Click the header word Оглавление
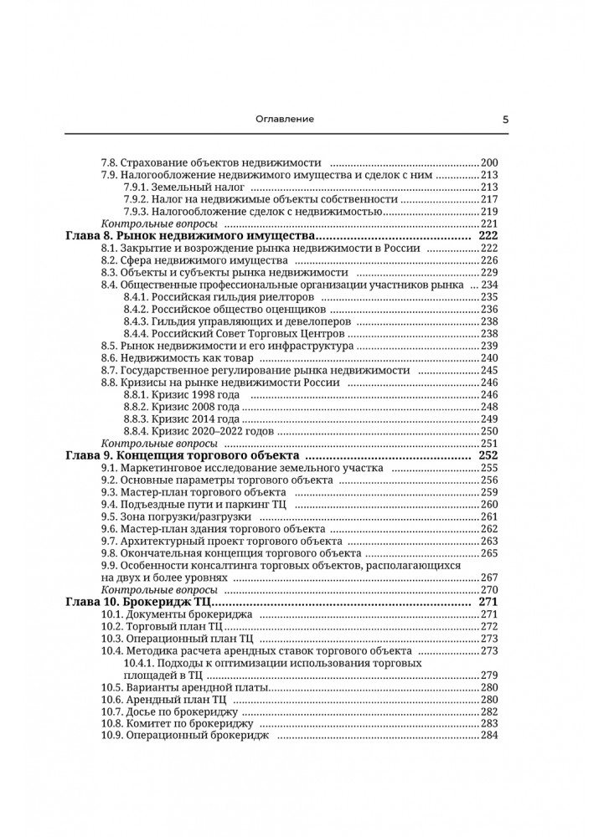[285, 119]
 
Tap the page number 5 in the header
[506, 119]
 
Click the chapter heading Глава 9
[90, 455]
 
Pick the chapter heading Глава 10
[93, 602]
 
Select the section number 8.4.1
[136, 297]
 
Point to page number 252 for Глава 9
[488, 455]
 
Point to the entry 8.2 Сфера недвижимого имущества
[183, 261]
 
